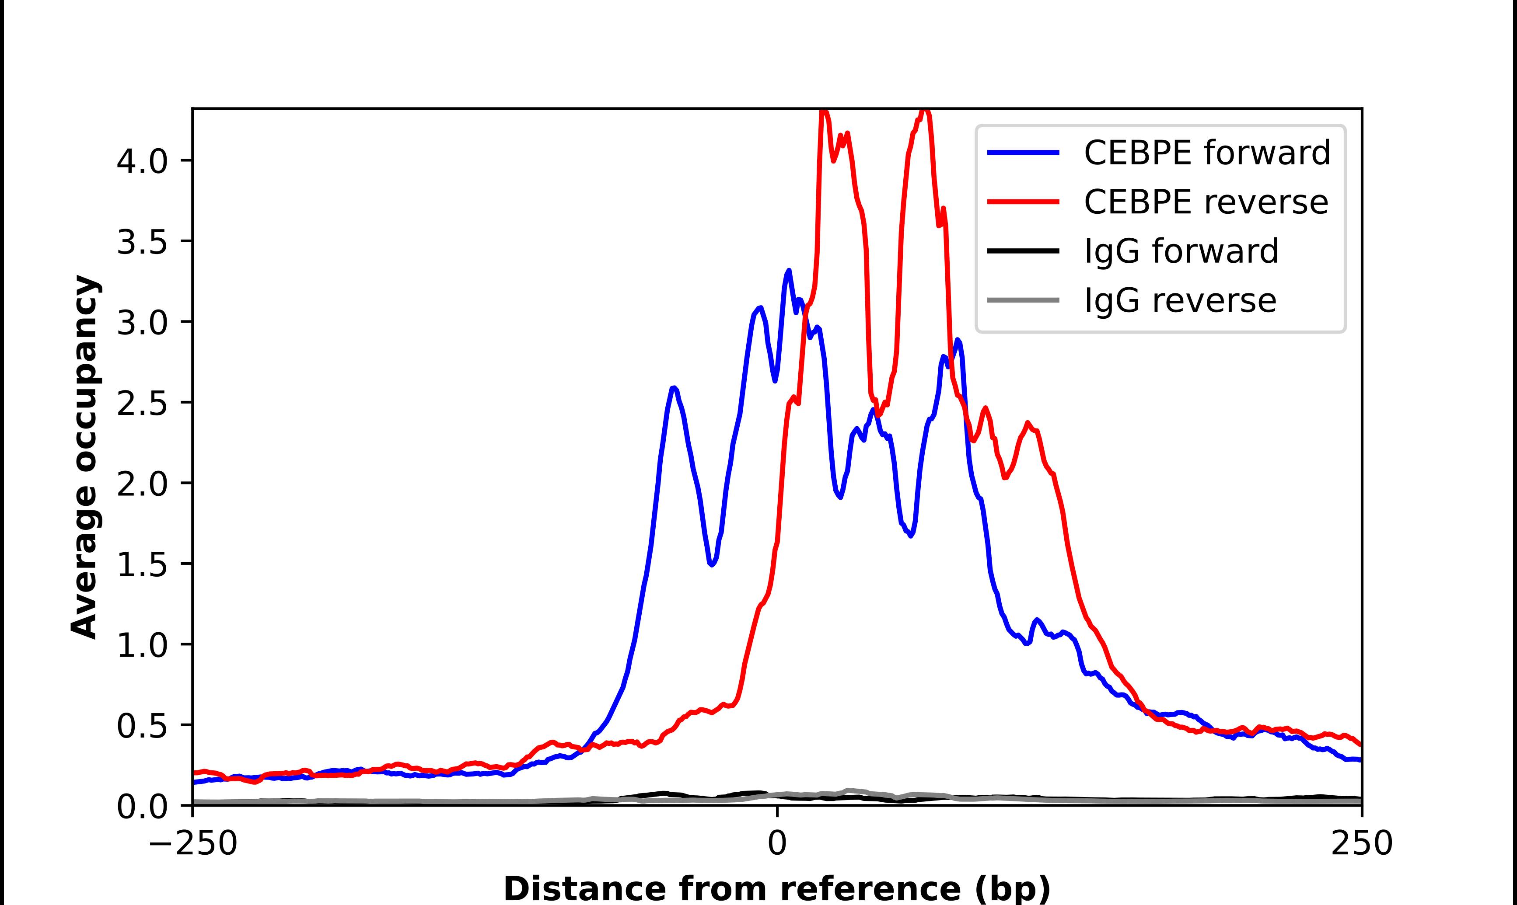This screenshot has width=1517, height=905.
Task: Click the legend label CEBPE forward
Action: click(x=1206, y=153)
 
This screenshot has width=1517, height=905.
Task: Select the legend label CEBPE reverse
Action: click(x=1205, y=202)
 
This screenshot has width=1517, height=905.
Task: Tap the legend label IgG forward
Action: click(x=1181, y=251)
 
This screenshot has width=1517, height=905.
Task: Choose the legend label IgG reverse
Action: click(x=1180, y=301)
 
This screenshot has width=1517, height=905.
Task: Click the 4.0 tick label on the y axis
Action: click(x=142, y=162)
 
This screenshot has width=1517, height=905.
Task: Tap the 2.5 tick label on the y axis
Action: click(x=142, y=403)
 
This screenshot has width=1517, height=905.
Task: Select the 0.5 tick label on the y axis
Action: click(x=142, y=726)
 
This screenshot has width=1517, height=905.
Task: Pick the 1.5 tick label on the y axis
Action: click(x=142, y=565)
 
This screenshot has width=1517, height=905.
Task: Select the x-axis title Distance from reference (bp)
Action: click(x=776, y=888)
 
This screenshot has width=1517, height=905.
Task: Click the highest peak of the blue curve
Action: click(x=789, y=271)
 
